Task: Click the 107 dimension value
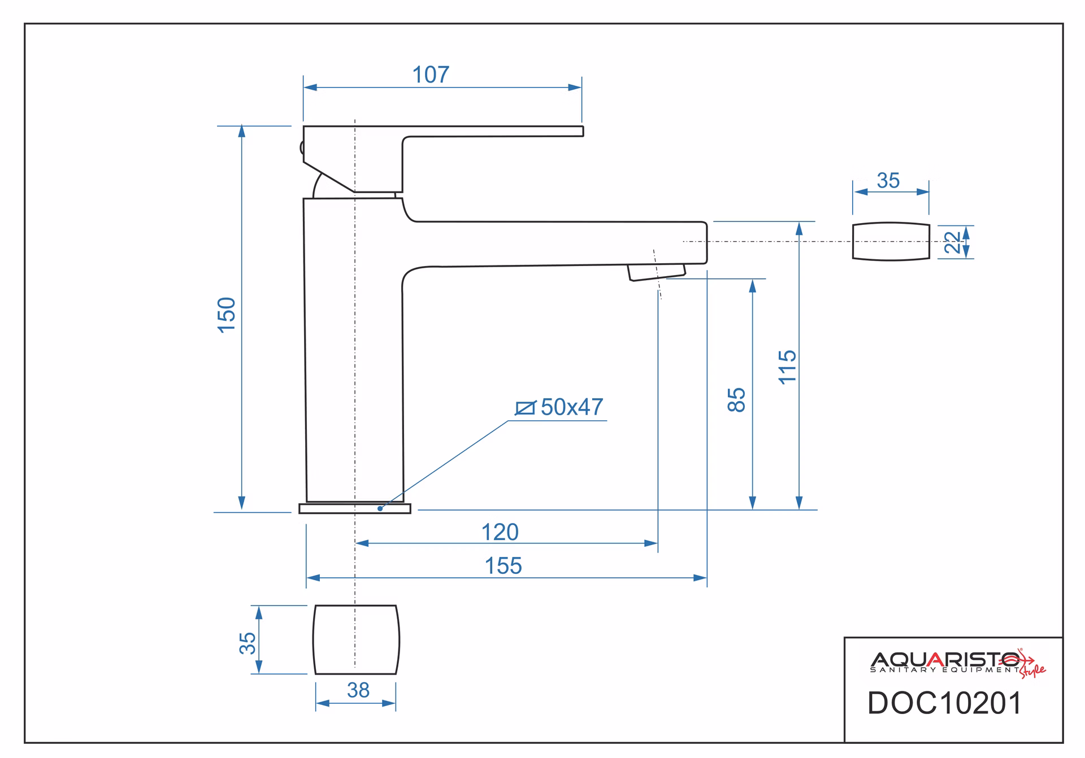(431, 75)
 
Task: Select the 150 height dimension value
(227, 315)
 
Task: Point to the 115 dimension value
(787, 367)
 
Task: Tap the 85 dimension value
(737, 400)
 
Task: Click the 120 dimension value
(500, 532)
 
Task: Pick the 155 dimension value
(503, 566)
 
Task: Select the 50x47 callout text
(572, 407)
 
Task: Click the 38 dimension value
(358, 690)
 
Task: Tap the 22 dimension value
(953, 242)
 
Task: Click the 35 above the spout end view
(888, 181)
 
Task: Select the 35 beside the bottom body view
(248, 643)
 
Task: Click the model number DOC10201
(945, 703)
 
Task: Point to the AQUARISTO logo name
(945, 660)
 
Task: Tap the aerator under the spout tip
(656, 272)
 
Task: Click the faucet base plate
(355, 508)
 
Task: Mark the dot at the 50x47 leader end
(380, 508)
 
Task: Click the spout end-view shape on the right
(891, 241)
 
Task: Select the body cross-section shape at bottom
(356, 640)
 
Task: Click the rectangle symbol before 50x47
(526, 408)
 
